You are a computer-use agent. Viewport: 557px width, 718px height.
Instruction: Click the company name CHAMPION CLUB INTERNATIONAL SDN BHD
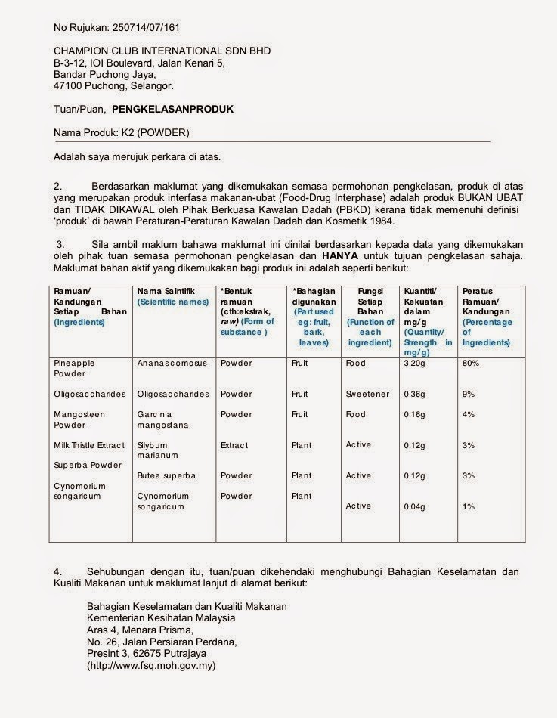(162, 51)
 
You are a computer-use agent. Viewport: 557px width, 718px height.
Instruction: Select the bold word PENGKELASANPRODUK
(172, 109)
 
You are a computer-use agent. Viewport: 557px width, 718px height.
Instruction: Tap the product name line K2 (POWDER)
(122, 133)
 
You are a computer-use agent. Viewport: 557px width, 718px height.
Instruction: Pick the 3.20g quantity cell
(416, 363)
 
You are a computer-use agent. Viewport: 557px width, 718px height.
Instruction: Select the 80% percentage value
(469, 363)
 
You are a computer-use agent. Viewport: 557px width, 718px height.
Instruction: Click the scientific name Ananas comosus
(172, 363)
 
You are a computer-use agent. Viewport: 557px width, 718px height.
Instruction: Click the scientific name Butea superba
(166, 475)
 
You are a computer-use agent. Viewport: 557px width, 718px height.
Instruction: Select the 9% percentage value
(469, 394)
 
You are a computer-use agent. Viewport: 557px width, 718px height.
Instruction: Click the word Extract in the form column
(234, 445)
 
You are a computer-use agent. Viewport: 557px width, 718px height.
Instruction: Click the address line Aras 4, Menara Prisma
(141, 630)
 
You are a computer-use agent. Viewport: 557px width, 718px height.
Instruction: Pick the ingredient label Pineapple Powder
(74, 368)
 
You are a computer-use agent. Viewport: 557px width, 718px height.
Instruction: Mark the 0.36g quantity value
(416, 394)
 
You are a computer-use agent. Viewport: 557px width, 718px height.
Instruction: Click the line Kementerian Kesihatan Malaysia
(161, 617)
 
